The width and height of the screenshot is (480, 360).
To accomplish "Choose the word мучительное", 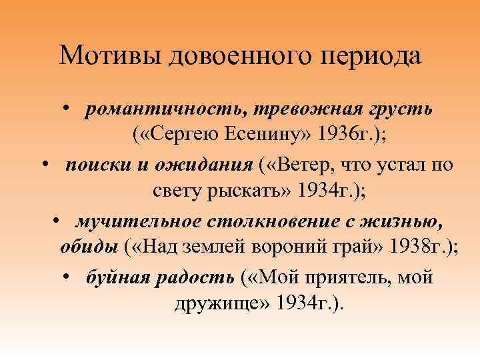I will [x=135, y=221].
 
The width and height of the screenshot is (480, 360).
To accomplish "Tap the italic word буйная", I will [x=119, y=277].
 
